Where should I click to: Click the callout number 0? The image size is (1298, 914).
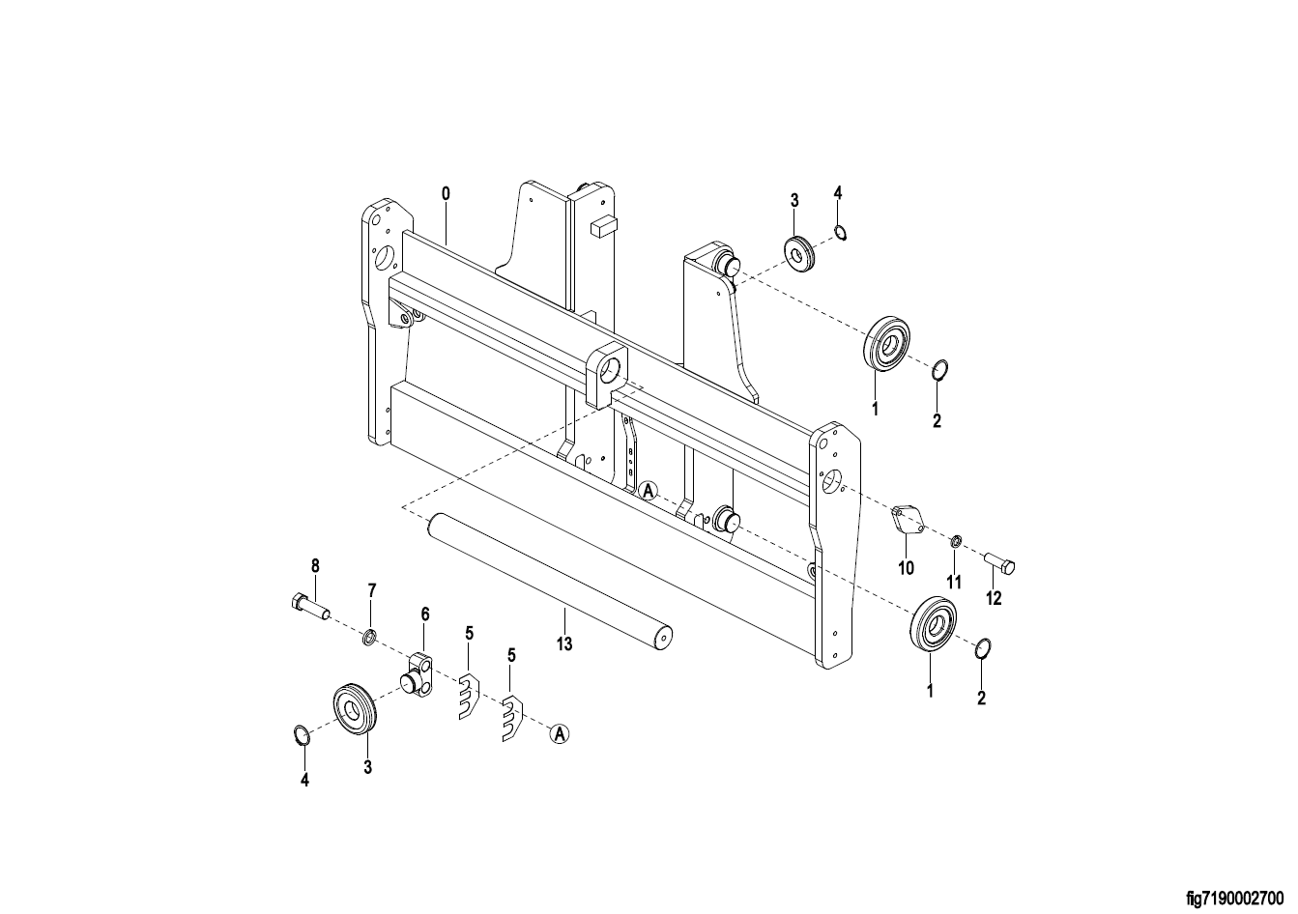[x=446, y=193]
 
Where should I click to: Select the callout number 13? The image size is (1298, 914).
[x=564, y=644]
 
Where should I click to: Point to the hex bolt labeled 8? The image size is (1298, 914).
[x=309, y=606]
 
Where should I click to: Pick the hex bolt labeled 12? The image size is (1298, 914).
[x=999, y=563]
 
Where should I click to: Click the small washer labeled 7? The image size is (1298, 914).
[x=369, y=639]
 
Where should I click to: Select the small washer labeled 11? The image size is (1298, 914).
[x=956, y=542]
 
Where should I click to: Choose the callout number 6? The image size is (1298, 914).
[x=424, y=614]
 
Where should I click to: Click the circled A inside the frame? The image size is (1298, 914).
[x=649, y=491]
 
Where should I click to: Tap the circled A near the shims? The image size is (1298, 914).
[x=560, y=734]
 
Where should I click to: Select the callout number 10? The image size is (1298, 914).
[x=906, y=568]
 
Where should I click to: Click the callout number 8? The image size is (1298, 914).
[x=315, y=565]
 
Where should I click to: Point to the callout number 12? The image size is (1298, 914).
[x=994, y=598]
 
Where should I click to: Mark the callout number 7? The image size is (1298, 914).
[x=372, y=590]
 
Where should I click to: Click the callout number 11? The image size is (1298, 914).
[x=954, y=582]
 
